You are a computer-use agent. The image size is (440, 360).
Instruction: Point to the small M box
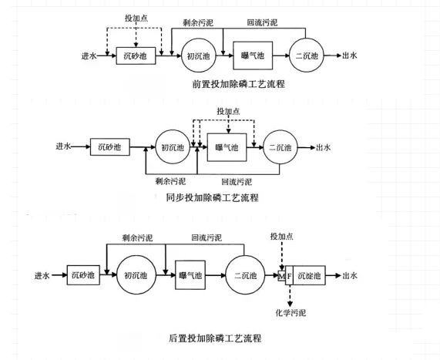click(x=281, y=276)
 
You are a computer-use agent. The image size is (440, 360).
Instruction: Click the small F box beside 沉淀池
click(x=289, y=275)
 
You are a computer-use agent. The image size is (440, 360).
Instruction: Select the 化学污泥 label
click(x=291, y=312)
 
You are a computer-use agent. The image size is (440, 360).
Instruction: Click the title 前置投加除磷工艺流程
click(x=239, y=84)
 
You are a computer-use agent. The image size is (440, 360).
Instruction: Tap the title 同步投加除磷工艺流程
click(x=212, y=197)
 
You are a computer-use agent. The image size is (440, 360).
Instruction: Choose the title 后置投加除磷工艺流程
click(x=215, y=338)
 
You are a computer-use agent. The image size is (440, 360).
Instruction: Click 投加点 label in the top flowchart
click(x=136, y=19)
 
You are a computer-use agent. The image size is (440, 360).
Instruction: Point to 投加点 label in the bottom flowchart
click(x=282, y=237)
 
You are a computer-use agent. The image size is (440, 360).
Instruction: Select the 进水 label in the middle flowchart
click(x=63, y=146)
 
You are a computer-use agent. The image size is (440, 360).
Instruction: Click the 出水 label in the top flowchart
click(x=350, y=56)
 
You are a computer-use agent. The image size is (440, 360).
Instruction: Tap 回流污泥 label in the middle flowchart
click(x=237, y=182)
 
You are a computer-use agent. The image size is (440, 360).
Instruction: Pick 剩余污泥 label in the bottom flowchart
click(x=137, y=238)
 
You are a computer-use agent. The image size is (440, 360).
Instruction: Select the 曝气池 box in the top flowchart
click(x=253, y=56)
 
